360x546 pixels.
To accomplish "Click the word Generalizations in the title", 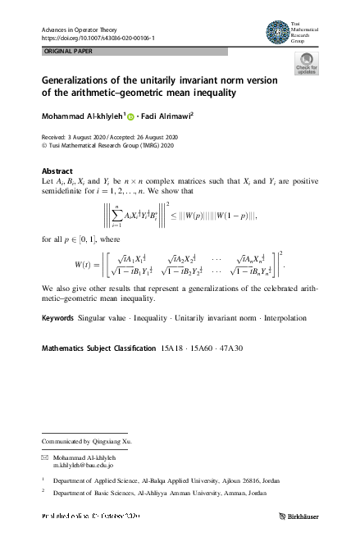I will tap(80, 80).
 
